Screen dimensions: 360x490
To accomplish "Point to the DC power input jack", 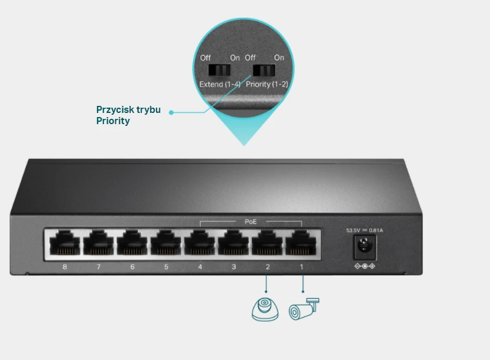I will [364, 247].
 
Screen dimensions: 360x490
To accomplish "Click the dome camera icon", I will [265, 309].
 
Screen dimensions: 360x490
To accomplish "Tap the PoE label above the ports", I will [251, 222].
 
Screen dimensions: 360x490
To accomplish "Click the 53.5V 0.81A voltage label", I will [364, 230].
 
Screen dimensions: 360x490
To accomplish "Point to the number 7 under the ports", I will [98, 268].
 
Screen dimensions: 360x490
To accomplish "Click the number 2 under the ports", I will [268, 268].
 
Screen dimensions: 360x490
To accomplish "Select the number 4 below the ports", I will [200, 268].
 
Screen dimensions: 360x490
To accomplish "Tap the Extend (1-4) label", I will [220, 85].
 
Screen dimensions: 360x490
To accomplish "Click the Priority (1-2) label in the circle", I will [267, 85].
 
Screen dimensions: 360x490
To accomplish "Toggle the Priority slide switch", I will [264, 71].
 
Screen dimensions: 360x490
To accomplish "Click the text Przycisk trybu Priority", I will [128, 115].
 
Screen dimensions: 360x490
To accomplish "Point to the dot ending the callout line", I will [171, 112].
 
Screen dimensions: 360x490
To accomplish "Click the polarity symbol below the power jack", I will [365, 267].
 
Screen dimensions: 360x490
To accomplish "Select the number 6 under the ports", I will [132, 268].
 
